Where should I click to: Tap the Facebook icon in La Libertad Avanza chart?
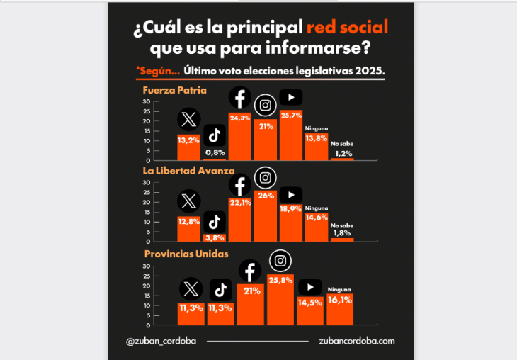pyautogui.click(x=240, y=186)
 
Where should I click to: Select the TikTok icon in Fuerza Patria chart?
pyautogui.click(x=215, y=134)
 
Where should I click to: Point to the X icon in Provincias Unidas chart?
pyautogui.click(x=189, y=288)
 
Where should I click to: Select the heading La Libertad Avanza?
pyautogui.click(x=188, y=171)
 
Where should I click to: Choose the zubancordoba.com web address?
pyautogui.click(x=357, y=341)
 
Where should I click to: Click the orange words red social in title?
pyautogui.click(x=347, y=28)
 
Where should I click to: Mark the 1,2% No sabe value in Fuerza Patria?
pyautogui.click(x=343, y=153)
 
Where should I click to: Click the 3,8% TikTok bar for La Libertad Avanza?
pyautogui.click(x=215, y=237)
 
